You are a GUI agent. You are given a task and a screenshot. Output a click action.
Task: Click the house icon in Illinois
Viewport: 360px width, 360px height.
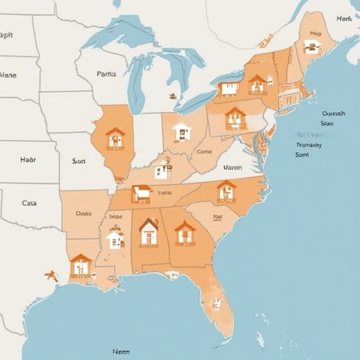click(x=115, y=138)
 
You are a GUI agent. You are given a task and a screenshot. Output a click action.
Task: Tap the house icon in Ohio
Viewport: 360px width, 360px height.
click(x=181, y=131)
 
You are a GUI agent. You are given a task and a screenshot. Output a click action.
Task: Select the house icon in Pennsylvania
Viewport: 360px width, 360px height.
click(x=235, y=117)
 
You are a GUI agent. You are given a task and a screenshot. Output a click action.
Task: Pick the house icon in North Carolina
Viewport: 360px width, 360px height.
click(x=226, y=191)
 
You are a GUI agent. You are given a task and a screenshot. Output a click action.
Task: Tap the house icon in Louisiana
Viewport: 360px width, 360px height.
click(x=81, y=265)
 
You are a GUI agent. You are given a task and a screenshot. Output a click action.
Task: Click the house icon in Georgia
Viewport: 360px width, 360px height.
click(x=185, y=232)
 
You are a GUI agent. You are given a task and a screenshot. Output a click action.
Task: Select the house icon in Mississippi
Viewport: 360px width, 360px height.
click(x=115, y=239)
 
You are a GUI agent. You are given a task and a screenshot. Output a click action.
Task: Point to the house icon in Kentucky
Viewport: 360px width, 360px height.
click(x=163, y=169)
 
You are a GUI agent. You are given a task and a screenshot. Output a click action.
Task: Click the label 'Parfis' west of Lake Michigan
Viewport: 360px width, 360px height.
click(x=106, y=73)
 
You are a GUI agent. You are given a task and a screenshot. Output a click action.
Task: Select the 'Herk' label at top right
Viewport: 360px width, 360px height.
click(x=344, y=18)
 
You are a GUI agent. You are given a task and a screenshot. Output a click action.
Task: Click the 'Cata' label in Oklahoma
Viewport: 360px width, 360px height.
click(x=29, y=202)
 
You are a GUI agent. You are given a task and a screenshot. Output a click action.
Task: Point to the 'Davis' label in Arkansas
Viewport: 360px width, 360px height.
click(x=83, y=212)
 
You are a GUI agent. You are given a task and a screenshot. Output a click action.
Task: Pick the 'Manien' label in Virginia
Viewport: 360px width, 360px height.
click(x=232, y=168)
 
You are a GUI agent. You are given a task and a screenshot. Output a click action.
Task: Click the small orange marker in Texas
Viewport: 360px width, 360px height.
click(x=51, y=275)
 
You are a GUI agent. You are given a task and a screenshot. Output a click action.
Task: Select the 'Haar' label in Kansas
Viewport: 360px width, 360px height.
click(x=28, y=160)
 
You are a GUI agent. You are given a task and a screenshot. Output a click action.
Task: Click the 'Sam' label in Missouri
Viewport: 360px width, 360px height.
click(x=78, y=160)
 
